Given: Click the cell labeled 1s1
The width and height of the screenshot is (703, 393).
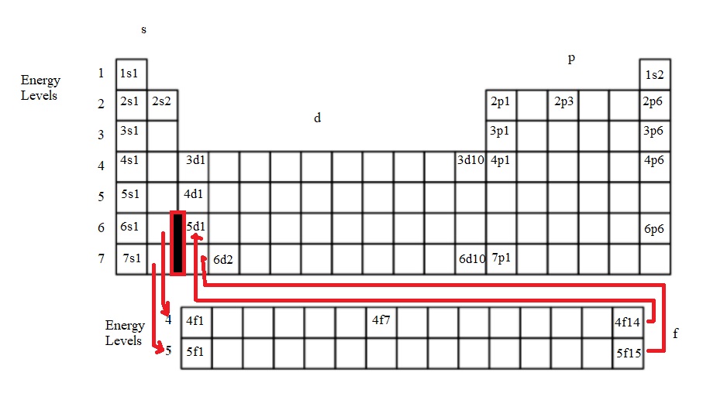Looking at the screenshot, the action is point(131,74).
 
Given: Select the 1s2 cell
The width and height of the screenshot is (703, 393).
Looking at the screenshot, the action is point(655,74).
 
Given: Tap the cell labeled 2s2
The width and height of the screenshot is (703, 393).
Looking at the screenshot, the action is point(162,105).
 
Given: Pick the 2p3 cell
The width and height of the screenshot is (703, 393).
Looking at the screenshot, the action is point(563,105).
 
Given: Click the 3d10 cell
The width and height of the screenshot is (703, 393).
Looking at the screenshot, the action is point(470,167).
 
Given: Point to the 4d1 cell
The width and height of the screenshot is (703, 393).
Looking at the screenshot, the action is point(193,198).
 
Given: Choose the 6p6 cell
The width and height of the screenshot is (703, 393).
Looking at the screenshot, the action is point(655,229).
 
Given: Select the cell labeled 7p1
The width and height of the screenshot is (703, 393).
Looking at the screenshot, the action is point(501,259).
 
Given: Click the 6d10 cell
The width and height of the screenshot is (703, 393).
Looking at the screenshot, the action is point(470,259).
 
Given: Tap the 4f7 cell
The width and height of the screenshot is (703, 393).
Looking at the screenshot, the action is point(381,323).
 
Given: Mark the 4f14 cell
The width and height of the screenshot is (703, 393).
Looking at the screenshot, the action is point(628,323).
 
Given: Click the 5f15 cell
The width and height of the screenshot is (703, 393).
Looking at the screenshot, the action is point(628,354).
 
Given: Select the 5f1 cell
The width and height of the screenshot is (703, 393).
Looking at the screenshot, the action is point(196,354).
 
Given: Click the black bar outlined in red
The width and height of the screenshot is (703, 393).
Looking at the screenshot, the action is point(178,243).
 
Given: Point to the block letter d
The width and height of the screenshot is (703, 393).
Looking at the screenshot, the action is point(318,118).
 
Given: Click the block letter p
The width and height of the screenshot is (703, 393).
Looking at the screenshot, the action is point(571,59).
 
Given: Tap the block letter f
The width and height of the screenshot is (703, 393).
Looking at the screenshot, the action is point(676,333).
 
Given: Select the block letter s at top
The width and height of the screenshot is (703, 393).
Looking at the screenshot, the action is point(143,29).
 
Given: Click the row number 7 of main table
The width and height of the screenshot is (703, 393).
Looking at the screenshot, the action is point(102,258).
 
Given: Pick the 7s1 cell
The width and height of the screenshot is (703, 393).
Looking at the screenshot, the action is point(131,259).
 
